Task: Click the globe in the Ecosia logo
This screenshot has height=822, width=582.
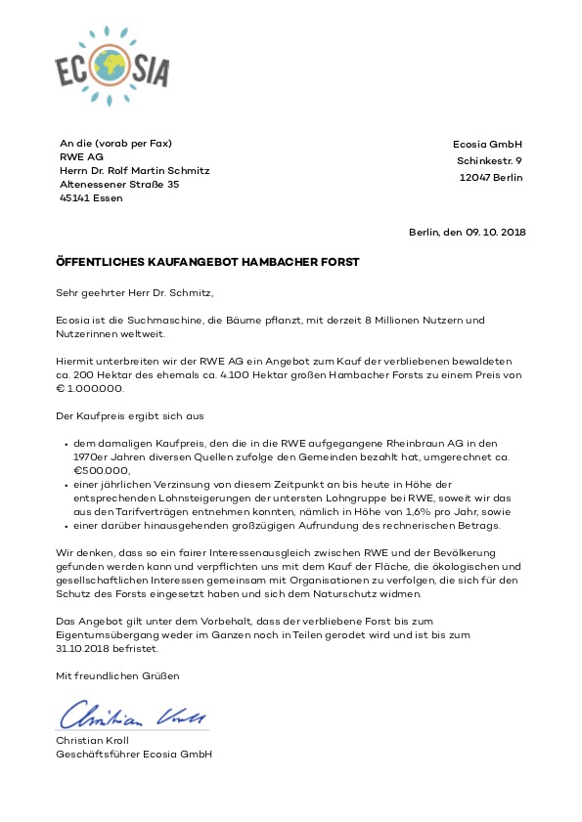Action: (x=113, y=67)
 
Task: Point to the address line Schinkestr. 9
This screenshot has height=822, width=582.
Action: (x=489, y=161)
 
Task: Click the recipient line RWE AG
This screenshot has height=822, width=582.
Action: (x=81, y=156)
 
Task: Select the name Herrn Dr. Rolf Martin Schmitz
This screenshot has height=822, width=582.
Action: (x=135, y=170)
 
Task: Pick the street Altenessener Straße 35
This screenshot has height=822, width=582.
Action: (x=119, y=184)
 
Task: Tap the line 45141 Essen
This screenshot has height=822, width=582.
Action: (x=91, y=197)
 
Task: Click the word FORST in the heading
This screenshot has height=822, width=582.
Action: (x=338, y=262)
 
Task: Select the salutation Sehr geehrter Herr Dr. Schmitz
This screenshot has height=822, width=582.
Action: (x=134, y=291)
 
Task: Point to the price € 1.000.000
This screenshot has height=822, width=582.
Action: (x=91, y=388)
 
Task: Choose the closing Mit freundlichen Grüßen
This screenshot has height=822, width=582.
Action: (x=117, y=675)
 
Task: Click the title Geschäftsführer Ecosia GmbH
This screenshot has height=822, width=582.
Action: (x=134, y=754)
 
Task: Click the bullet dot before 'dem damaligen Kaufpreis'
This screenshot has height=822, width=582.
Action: (x=65, y=443)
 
